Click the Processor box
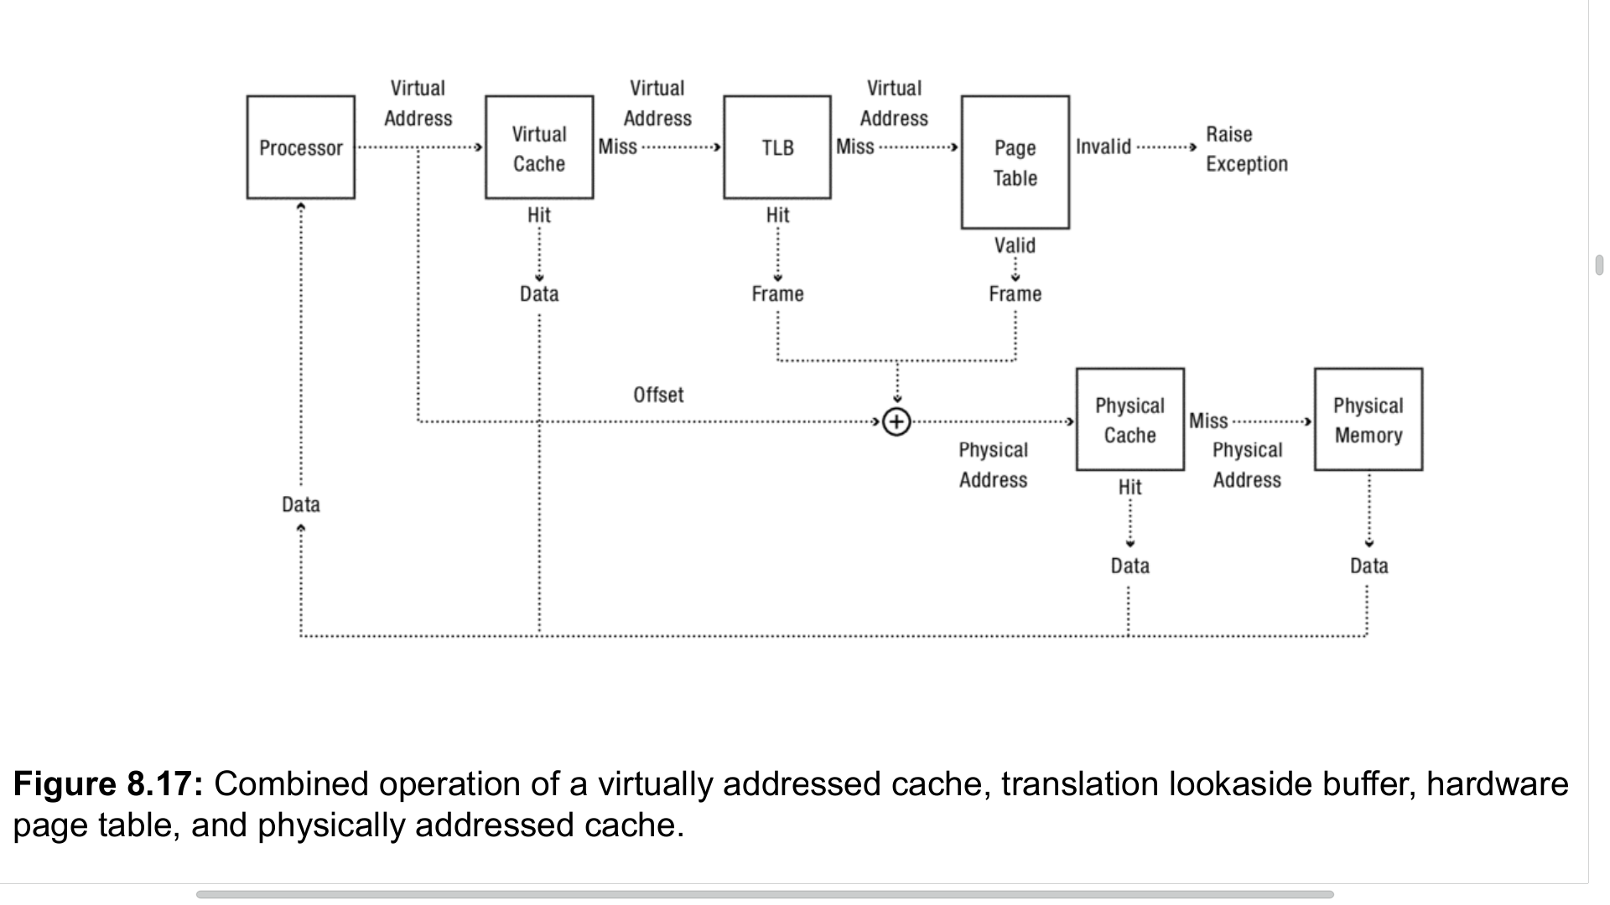(300, 147)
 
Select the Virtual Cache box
(539, 147)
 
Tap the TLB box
(777, 147)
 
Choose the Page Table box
(1015, 163)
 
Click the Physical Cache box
(1130, 420)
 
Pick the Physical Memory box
(1368, 420)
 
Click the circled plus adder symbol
(896, 421)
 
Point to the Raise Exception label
(1246, 149)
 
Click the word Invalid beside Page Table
(1103, 147)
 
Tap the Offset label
(658, 395)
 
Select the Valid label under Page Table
(1015, 246)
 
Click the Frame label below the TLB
(777, 294)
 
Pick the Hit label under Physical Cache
(1130, 487)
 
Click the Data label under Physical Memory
(1368, 566)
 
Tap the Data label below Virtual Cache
(539, 294)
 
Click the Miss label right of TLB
(854, 147)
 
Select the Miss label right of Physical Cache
(1207, 421)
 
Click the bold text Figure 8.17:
(108, 784)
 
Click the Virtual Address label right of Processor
(418, 103)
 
